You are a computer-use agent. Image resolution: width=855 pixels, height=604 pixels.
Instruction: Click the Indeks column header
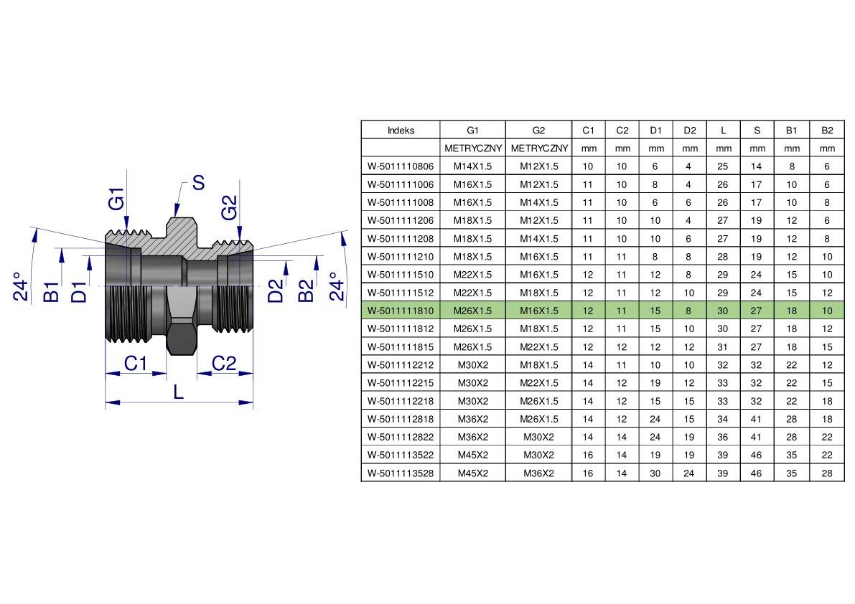pyautogui.click(x=401, y=130)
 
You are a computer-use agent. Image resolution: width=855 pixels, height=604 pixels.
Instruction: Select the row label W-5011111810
pyautogui.click(x=401, y=311)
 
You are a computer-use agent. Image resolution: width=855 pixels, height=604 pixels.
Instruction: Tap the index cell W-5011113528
pyautogui.click(x=401, y=473)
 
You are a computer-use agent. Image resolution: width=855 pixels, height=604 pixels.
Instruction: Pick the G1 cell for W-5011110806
pyautogui.click(x=472, y=166)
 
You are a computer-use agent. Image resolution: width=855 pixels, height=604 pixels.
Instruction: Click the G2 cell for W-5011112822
pyautogui.click(x=538, y=437)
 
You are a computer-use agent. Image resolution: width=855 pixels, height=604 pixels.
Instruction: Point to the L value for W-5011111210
pyautogui.click(x=722, y=257)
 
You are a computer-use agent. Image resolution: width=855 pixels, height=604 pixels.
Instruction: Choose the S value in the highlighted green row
pyautogui.click(x=757, y=311)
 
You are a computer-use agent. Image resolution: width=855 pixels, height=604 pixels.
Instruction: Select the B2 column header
pyautogui.click(x=827, y=130)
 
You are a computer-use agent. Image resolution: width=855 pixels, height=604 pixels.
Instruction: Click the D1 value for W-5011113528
pyautogui.click(x=655, y=473)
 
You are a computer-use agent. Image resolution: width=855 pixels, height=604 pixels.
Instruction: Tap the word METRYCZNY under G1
pyautogui.click(x=473, y=148)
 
